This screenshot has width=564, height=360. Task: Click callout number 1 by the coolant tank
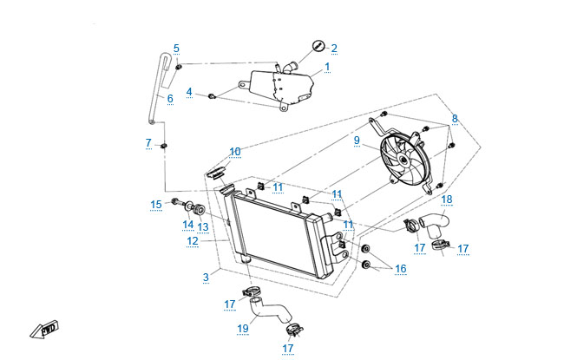pyautogui.click(x=327, y=67)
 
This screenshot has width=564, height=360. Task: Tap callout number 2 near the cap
pyautogui.click(x=334, y=48)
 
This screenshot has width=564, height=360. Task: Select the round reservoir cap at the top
pyautogui.click(x=318, y=46)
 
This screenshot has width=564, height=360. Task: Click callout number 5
pyautogui.click(x=176, y=48)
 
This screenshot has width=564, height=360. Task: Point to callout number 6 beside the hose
pyautogui.click(x=170, y=99)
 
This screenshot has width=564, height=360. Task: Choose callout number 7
pyautogui.click(x=148, y=142)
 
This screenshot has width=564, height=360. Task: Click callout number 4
pyautogui.click(x=189, y=91)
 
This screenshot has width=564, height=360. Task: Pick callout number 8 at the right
pyautogui.click(x=454, y=118)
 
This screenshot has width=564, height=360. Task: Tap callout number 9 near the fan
pyautogui.click(x=356, y=140)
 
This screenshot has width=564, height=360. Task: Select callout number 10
pyautogui.click(x=235, y=151)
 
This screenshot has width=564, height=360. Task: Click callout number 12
pyautogui.click(x=193, y=241)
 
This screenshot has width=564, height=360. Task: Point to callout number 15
pyautogui.click(x=156, y=205)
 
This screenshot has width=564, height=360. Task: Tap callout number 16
pyautogui.click(x=400, y=269)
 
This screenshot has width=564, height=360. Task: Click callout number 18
pyautogui.click(x=446, y=199)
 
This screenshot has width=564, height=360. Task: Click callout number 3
pyautogui.click(x=206, y=277)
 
